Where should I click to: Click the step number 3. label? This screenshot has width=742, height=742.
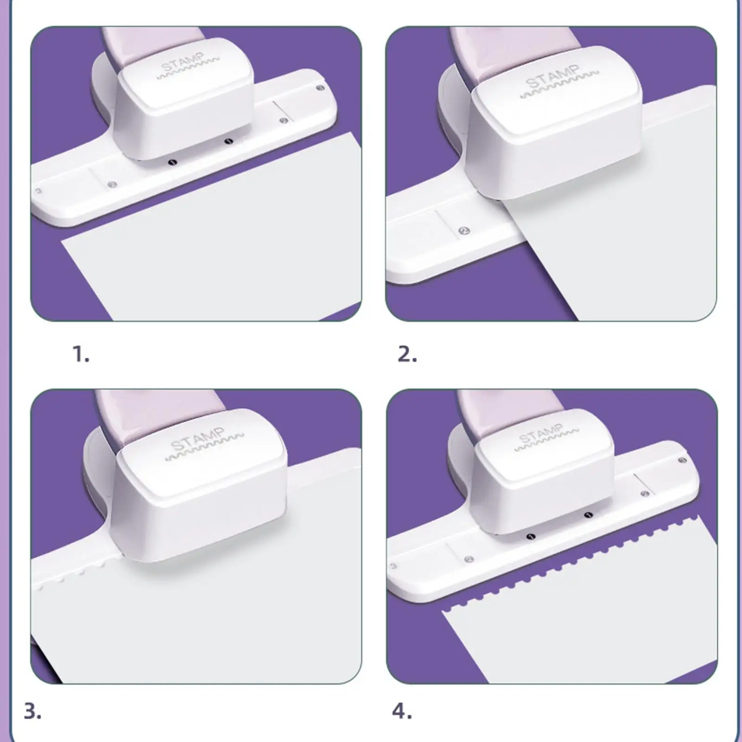[x=32, y=711]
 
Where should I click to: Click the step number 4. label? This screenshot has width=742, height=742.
[x=402, y=711]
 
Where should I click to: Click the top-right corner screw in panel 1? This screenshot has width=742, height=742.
[x=320, y=88]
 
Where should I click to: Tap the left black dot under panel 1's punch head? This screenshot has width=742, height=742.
[x=173, y=162]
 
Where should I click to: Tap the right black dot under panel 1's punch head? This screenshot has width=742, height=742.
[x=228, y=141]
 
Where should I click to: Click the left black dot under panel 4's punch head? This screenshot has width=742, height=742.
[x=532, y=537]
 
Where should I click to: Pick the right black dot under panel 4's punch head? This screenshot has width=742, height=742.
[x=589, y=515]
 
